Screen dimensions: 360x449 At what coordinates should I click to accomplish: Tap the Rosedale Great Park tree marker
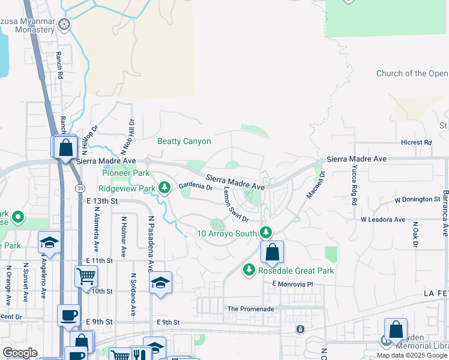pyautogui.click(x=249, y=271)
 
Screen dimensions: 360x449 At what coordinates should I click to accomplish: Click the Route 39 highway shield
pyautogui.click(x=80, y=188)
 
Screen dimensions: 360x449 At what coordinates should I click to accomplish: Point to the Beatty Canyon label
pyautogui.click(x=184, y=142)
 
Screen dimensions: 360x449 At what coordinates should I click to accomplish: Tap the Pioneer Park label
pyautogui.click(x=125, y=173)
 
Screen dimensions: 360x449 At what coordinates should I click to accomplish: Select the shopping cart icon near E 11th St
pyautogui.click(x=86, y=277)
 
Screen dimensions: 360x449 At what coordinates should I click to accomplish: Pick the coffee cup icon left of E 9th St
pyautogui.click(x=68, y=315)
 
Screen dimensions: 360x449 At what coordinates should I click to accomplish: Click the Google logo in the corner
pyautogui.click(x=20, y=353)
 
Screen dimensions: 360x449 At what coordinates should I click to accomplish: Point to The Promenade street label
pyautogui.click(x=250, y=309)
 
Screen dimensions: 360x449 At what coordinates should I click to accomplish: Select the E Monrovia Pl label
pyautogui.click(x=293, y=283)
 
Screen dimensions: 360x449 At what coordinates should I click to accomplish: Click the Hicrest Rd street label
pyautogui.click(x=417, y=143)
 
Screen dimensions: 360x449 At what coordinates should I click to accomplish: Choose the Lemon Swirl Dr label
pyautogui.click(x=235, y=203)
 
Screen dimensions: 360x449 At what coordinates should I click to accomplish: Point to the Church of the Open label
pyautogui.click(x=412, y=74)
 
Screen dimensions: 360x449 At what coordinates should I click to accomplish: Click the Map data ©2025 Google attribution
pyautogui.click(x=412, y=355)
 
